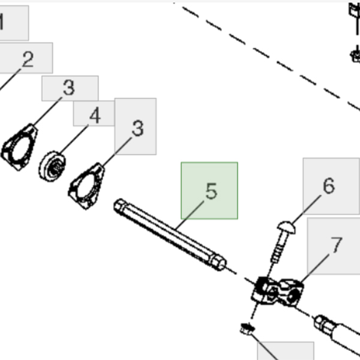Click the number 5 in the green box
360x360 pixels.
210,191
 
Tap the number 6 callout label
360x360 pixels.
328,186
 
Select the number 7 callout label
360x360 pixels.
336,245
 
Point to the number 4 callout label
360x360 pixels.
95,115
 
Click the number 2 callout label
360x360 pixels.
28,59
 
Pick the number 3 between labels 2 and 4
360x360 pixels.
69,88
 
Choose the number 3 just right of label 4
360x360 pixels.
137,128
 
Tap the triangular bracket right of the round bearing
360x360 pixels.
87,186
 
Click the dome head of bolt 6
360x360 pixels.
286,228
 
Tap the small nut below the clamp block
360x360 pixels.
245,328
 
